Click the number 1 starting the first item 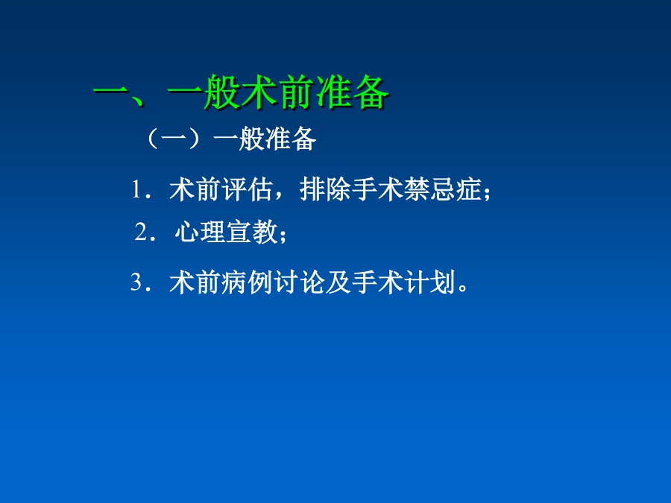tap(136, 189)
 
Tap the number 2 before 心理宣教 tap(141, 232)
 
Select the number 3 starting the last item tap(136, 282)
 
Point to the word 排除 tap(325, 189)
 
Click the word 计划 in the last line tap(429, 282)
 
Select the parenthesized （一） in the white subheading tap(173, 139)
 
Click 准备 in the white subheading tap(291, 139)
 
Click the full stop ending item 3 tap(462, 287)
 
